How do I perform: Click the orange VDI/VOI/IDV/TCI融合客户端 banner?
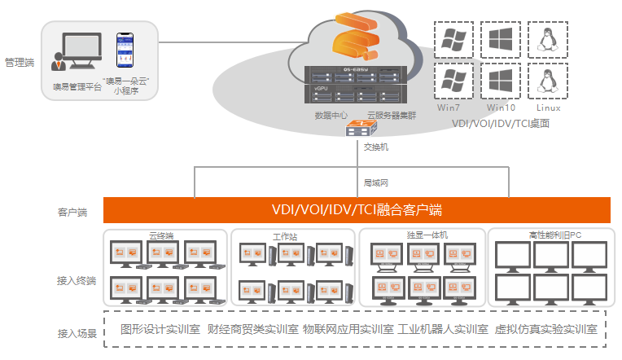(357, 210)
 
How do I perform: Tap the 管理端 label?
(19, 61)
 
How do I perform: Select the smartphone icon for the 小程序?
(124, 54)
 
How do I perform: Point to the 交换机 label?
(375, 147)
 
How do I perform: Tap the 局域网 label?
(375, 183)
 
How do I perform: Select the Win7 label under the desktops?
(449, 108)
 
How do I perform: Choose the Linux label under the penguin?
(548, 108)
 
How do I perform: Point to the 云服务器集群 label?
(391, 116)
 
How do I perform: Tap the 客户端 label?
(72, 213)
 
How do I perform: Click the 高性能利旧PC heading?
(554, 235)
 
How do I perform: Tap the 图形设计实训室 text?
(160, 330)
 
